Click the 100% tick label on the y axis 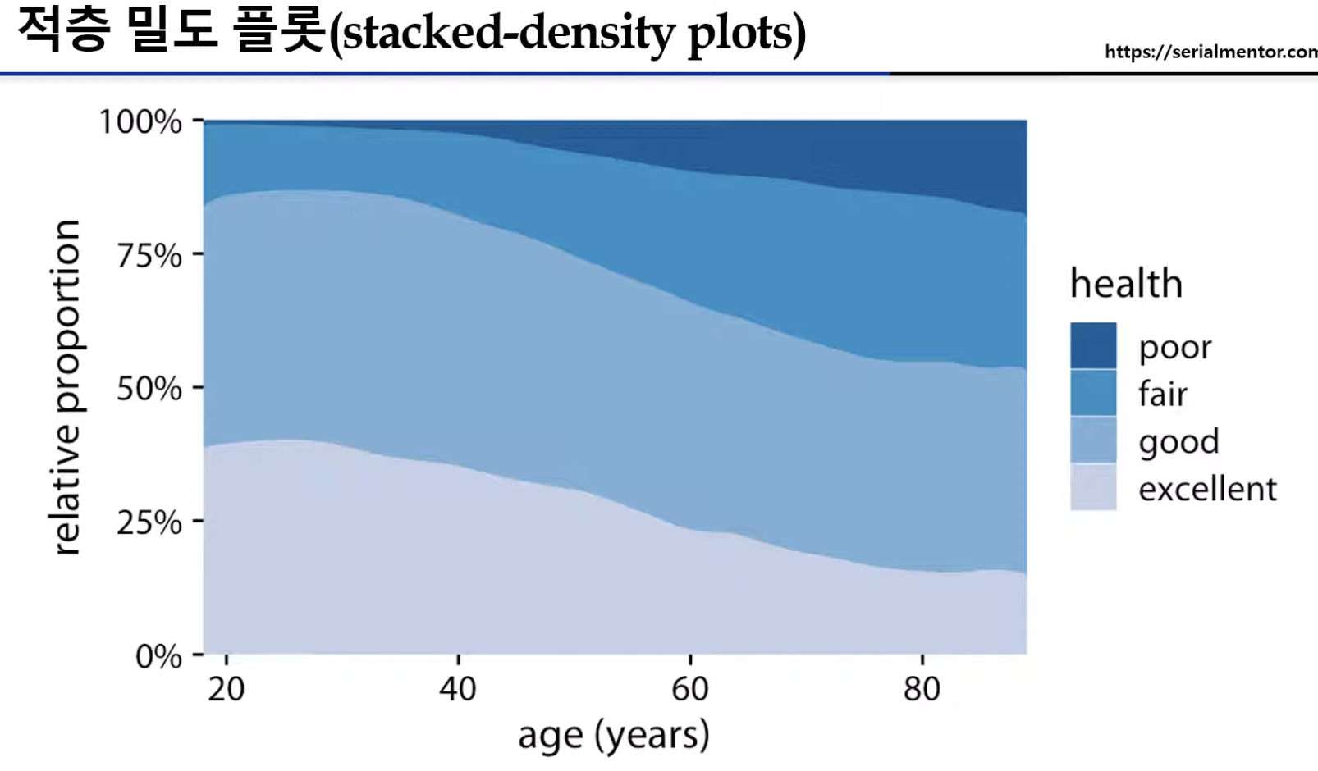tap(140, 122)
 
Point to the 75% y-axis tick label tap(149, 256)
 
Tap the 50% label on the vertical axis tap(149, 389)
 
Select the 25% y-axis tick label tap(149, 522)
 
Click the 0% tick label tap(159, 655)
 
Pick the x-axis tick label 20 tap(226, 689)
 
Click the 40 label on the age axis tap(458, 689)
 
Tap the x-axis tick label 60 tap(690, 689)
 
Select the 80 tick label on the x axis tap(922, 689)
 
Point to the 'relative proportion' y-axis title tap(67, 387)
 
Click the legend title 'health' tap(1126, 284)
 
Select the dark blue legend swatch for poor tap(1093, 345)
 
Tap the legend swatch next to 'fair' tap(1093, 392)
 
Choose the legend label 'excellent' tap(1207, 488)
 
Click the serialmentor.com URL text tap(1211, 52)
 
